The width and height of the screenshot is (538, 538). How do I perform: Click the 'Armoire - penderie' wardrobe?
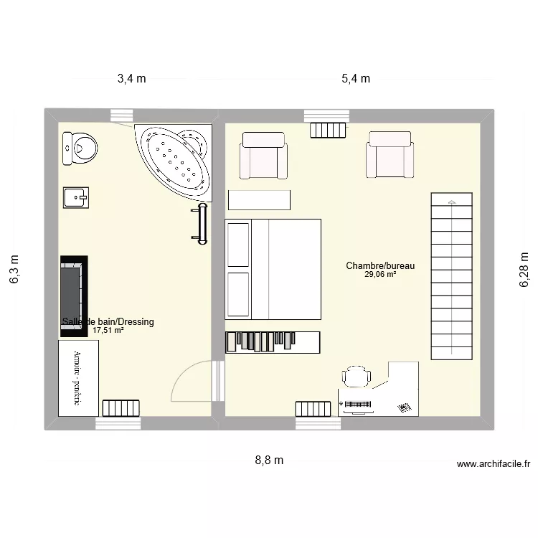pyautogui.click(x=78, y=377)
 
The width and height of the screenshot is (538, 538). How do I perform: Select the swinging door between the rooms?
pyautogui.click(x=194, y=384)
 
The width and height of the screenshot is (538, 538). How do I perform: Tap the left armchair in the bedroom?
pyautogui.click(x=265, y=156)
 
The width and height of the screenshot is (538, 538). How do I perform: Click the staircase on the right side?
pyautogui.click(x=452, y=277)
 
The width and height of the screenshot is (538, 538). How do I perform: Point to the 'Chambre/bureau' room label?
pyautogui.click(x=380, y=265)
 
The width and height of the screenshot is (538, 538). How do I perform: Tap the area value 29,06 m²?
pyautogui.click(x=380, y=275)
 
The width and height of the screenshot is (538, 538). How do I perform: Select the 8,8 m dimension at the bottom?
pyautogui.click(x=269, y=461)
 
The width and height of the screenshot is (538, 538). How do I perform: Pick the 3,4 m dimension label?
pyautogui.click(x=131, y=79)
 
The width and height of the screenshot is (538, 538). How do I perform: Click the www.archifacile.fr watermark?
pyautogui.click(x=493, y=464)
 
